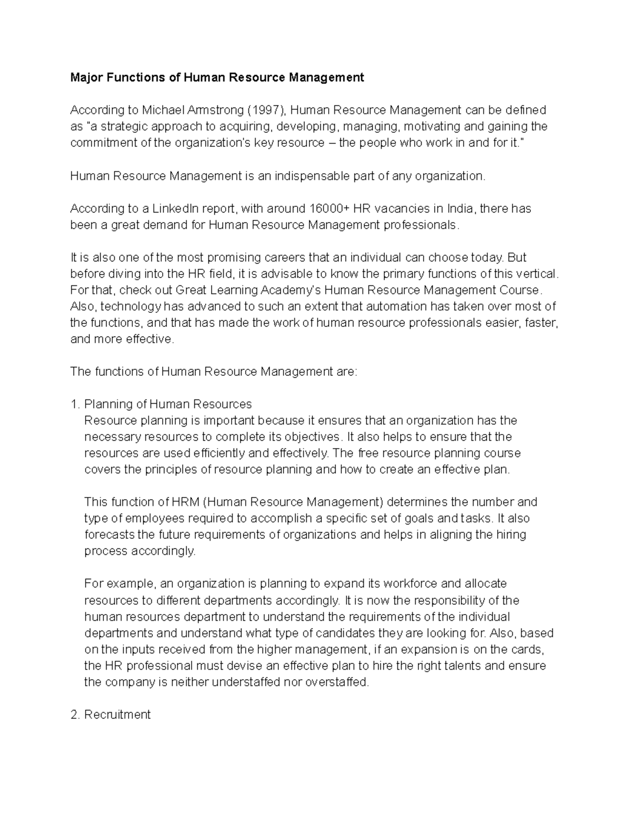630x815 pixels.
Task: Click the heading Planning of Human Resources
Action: pos(168,404)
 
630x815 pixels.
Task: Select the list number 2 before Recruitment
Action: pos(74,715)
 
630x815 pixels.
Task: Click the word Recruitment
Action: pos(118,715)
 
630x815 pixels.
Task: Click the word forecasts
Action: pos(109,535)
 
